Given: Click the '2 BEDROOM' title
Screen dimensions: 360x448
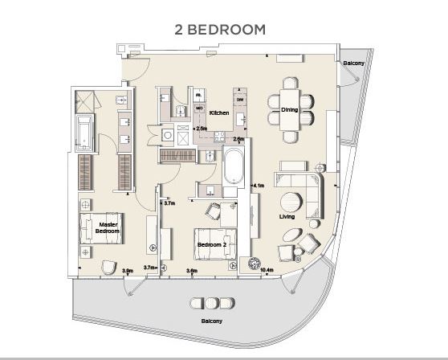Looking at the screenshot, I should [221, 30].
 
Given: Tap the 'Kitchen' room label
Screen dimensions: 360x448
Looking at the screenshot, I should [219, 113].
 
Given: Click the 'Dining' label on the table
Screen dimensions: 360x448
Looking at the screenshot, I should [289, 109].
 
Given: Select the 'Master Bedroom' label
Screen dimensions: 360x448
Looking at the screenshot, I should [108, 227].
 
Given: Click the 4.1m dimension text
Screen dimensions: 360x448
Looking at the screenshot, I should [259, 186].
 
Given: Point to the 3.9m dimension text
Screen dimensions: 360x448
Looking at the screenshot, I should [127, 271].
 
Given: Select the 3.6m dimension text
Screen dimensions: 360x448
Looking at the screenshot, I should [192, 271].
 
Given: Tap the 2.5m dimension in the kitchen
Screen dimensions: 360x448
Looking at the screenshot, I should [201, 128].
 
